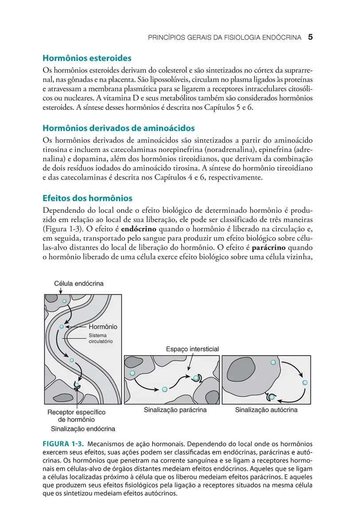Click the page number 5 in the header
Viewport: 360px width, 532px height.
310,38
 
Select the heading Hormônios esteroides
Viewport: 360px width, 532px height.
86,58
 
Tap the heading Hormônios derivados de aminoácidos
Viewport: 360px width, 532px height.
118,128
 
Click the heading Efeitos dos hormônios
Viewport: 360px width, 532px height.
87,198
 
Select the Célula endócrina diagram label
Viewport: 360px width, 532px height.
79,284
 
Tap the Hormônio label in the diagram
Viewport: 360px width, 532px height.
102,327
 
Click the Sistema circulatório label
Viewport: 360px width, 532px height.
101,339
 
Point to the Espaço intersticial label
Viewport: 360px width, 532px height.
192,349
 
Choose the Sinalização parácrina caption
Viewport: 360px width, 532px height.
175,410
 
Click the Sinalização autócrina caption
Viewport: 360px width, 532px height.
266,410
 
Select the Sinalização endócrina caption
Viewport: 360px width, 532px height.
83,429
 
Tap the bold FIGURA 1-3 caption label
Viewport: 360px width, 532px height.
62,444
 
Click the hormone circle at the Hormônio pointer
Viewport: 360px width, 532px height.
62,327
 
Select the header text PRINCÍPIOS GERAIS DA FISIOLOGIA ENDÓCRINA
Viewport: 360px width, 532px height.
225,38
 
